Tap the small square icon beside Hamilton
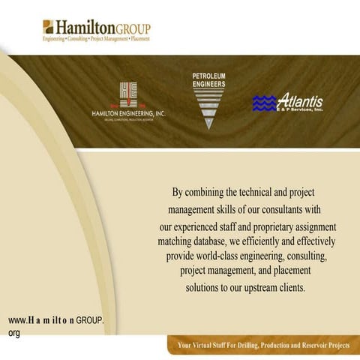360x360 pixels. [x=48, y=27]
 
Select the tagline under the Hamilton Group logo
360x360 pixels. [x=96, y=38]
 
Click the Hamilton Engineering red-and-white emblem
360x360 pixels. [x=128, y=95]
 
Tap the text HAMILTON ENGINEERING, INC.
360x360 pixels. [x=128, y=113]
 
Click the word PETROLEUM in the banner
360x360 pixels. [x=208, y=76]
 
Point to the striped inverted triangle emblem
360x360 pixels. [x=209, y=109]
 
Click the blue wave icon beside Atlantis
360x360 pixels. [x=264, y=103]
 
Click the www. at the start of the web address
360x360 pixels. [x=16, y=320]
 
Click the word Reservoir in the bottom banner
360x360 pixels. [x=304, y=346]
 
